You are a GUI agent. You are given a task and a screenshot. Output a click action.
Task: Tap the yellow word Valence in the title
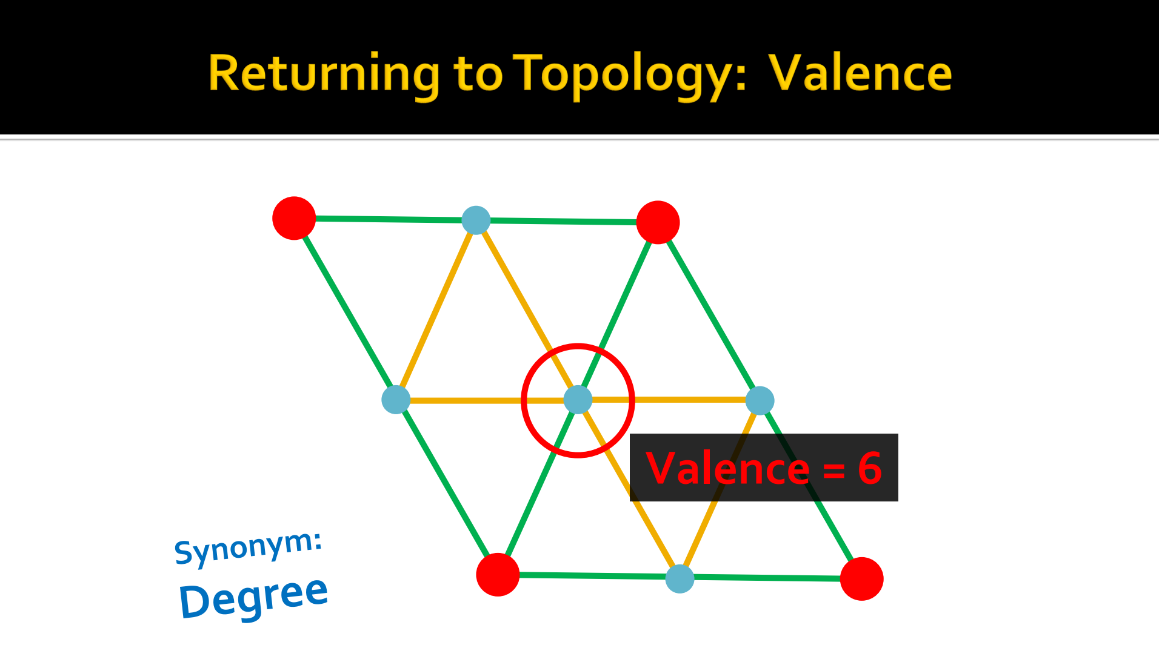coord(860,73)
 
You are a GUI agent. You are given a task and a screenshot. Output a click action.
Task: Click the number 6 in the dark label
coord(870,468)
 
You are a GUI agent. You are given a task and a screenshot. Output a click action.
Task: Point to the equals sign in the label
coord(833,470)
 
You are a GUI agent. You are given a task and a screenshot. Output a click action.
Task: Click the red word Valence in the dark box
coord(727,468)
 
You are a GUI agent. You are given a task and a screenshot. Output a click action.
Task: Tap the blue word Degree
coord(253,597)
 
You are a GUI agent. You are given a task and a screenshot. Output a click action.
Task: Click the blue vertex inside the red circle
coord(578,400)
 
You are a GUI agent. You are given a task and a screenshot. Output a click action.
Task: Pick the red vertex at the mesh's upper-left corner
coord(294,218)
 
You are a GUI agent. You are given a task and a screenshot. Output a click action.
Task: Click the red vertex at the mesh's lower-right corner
coord(861,579)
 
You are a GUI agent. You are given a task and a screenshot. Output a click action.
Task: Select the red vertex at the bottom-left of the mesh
coord(498,575)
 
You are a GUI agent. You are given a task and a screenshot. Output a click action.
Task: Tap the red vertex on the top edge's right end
coord(658,222)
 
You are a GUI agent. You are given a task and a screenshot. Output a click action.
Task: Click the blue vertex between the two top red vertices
coord(476,220)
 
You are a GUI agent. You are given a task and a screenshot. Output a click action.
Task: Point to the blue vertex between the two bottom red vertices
coord(680,578)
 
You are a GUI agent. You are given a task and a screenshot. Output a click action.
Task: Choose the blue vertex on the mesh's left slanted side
coord(396,400)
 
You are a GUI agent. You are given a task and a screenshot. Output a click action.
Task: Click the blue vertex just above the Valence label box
coord(760,400)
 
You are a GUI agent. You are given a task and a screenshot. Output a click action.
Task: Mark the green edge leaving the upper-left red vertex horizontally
coord(389,219)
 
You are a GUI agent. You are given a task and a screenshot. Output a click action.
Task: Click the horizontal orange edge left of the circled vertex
coord(487,400)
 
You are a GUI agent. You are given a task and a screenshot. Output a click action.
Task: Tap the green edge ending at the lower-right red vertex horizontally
coord(767,578)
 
